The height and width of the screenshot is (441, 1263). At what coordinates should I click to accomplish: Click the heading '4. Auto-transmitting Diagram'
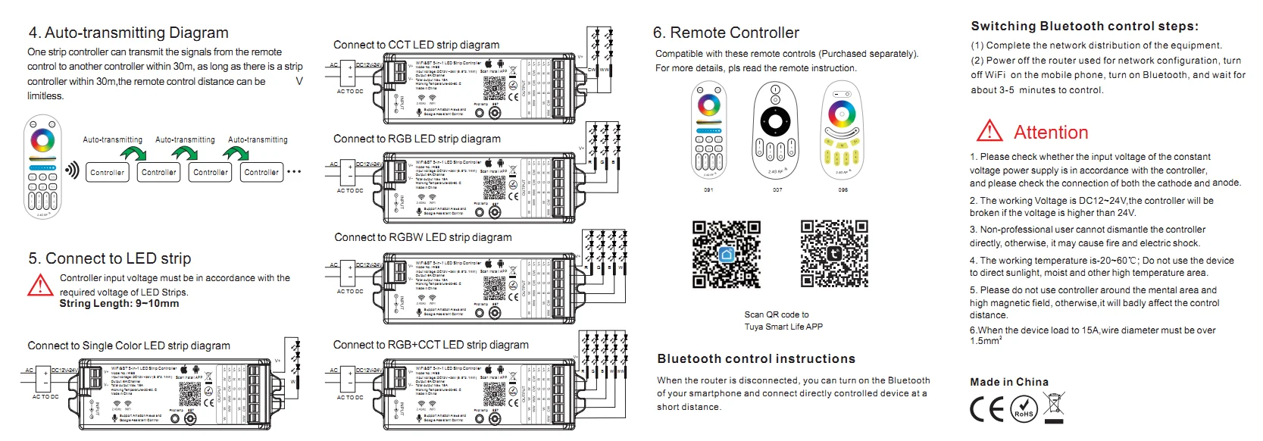click(x=128, y=33)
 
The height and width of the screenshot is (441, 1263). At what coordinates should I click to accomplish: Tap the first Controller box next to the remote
click(x=107, y=172)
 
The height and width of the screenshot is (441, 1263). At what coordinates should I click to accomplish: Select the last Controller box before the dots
click(x=261, y=172)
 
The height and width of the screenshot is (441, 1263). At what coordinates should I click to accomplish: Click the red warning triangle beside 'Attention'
click(x=989, y=132)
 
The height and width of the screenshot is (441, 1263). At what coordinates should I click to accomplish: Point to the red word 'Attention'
click(x=1050, y=133)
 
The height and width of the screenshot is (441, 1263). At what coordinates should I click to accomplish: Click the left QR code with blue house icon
click(x=726, y=255)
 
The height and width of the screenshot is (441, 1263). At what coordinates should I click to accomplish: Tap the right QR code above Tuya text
click(x=833, y=254)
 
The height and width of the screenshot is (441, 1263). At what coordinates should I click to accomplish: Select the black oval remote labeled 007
click(x=775, y=131)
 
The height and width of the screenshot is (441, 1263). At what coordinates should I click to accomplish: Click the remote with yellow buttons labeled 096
click(x=842, y=130)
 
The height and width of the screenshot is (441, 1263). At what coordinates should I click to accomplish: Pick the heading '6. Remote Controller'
click(x=726, y=33)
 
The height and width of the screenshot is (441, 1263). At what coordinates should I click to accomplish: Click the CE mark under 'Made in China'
click(x=987, y=410)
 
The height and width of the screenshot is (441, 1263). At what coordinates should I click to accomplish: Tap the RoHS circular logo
click(x=1024, y=410)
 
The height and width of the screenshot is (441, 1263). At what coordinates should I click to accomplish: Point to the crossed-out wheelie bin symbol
click(x=1054, y=406)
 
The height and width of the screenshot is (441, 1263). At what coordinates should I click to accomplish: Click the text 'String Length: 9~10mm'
click(x=119, y=304)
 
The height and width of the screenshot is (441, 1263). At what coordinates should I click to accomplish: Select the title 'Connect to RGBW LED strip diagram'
click(x=423, y=237)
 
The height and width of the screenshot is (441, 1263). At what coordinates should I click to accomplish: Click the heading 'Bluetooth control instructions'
click(x=756, y=359)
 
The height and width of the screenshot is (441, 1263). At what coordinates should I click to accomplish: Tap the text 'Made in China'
click(x=1009, y=382)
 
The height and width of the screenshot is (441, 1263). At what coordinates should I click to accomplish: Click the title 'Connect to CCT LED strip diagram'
click(x=416, y=45)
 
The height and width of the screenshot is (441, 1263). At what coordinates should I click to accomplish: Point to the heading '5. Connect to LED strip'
click(x=110, y=258)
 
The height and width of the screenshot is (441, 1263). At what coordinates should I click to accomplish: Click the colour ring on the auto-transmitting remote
click(x=42, y=140)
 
